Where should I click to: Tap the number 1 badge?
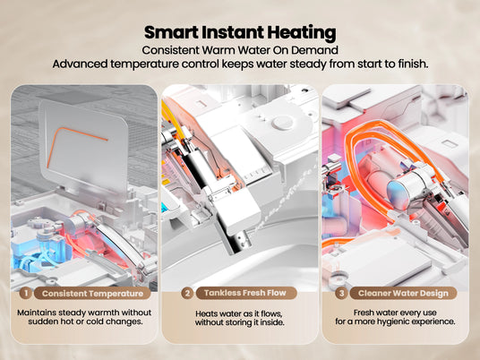[x=26, y=292]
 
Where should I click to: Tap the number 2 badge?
[x=186, y=292]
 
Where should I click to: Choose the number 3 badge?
[x=341, y=292]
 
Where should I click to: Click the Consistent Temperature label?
[x=92, y=293]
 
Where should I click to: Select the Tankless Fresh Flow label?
[x=245, y=293]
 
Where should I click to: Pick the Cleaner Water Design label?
[x=400, y=293]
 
